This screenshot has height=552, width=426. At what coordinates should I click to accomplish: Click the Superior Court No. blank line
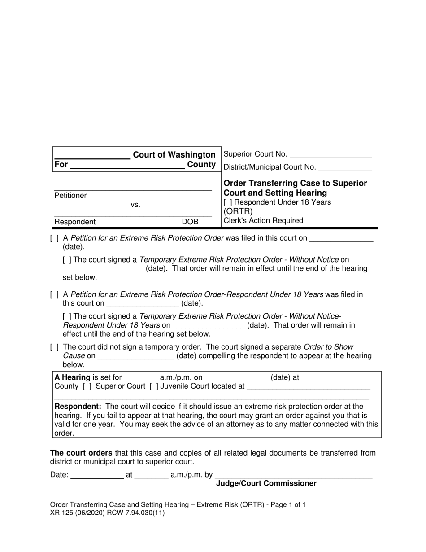pyautogui.click(x=331, y=155)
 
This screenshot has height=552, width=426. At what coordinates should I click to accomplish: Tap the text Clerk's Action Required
pyautogui.click(x=263, y=220)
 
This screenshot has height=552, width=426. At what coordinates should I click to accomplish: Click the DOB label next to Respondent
pyautogui.click(x=190, y=222)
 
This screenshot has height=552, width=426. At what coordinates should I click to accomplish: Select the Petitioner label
pyautogui.click(x=70, y=196)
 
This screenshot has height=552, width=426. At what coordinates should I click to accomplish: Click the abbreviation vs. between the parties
pyautogui.click(x=135, y=205)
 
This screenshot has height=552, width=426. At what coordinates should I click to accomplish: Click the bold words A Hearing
pyautogui.click(x=72, y=377)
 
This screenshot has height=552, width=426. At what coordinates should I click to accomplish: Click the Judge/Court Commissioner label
pyautogui.click(x=266, y=483)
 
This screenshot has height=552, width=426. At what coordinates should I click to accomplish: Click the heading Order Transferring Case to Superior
pyautogui.click(x=295, y=183)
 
